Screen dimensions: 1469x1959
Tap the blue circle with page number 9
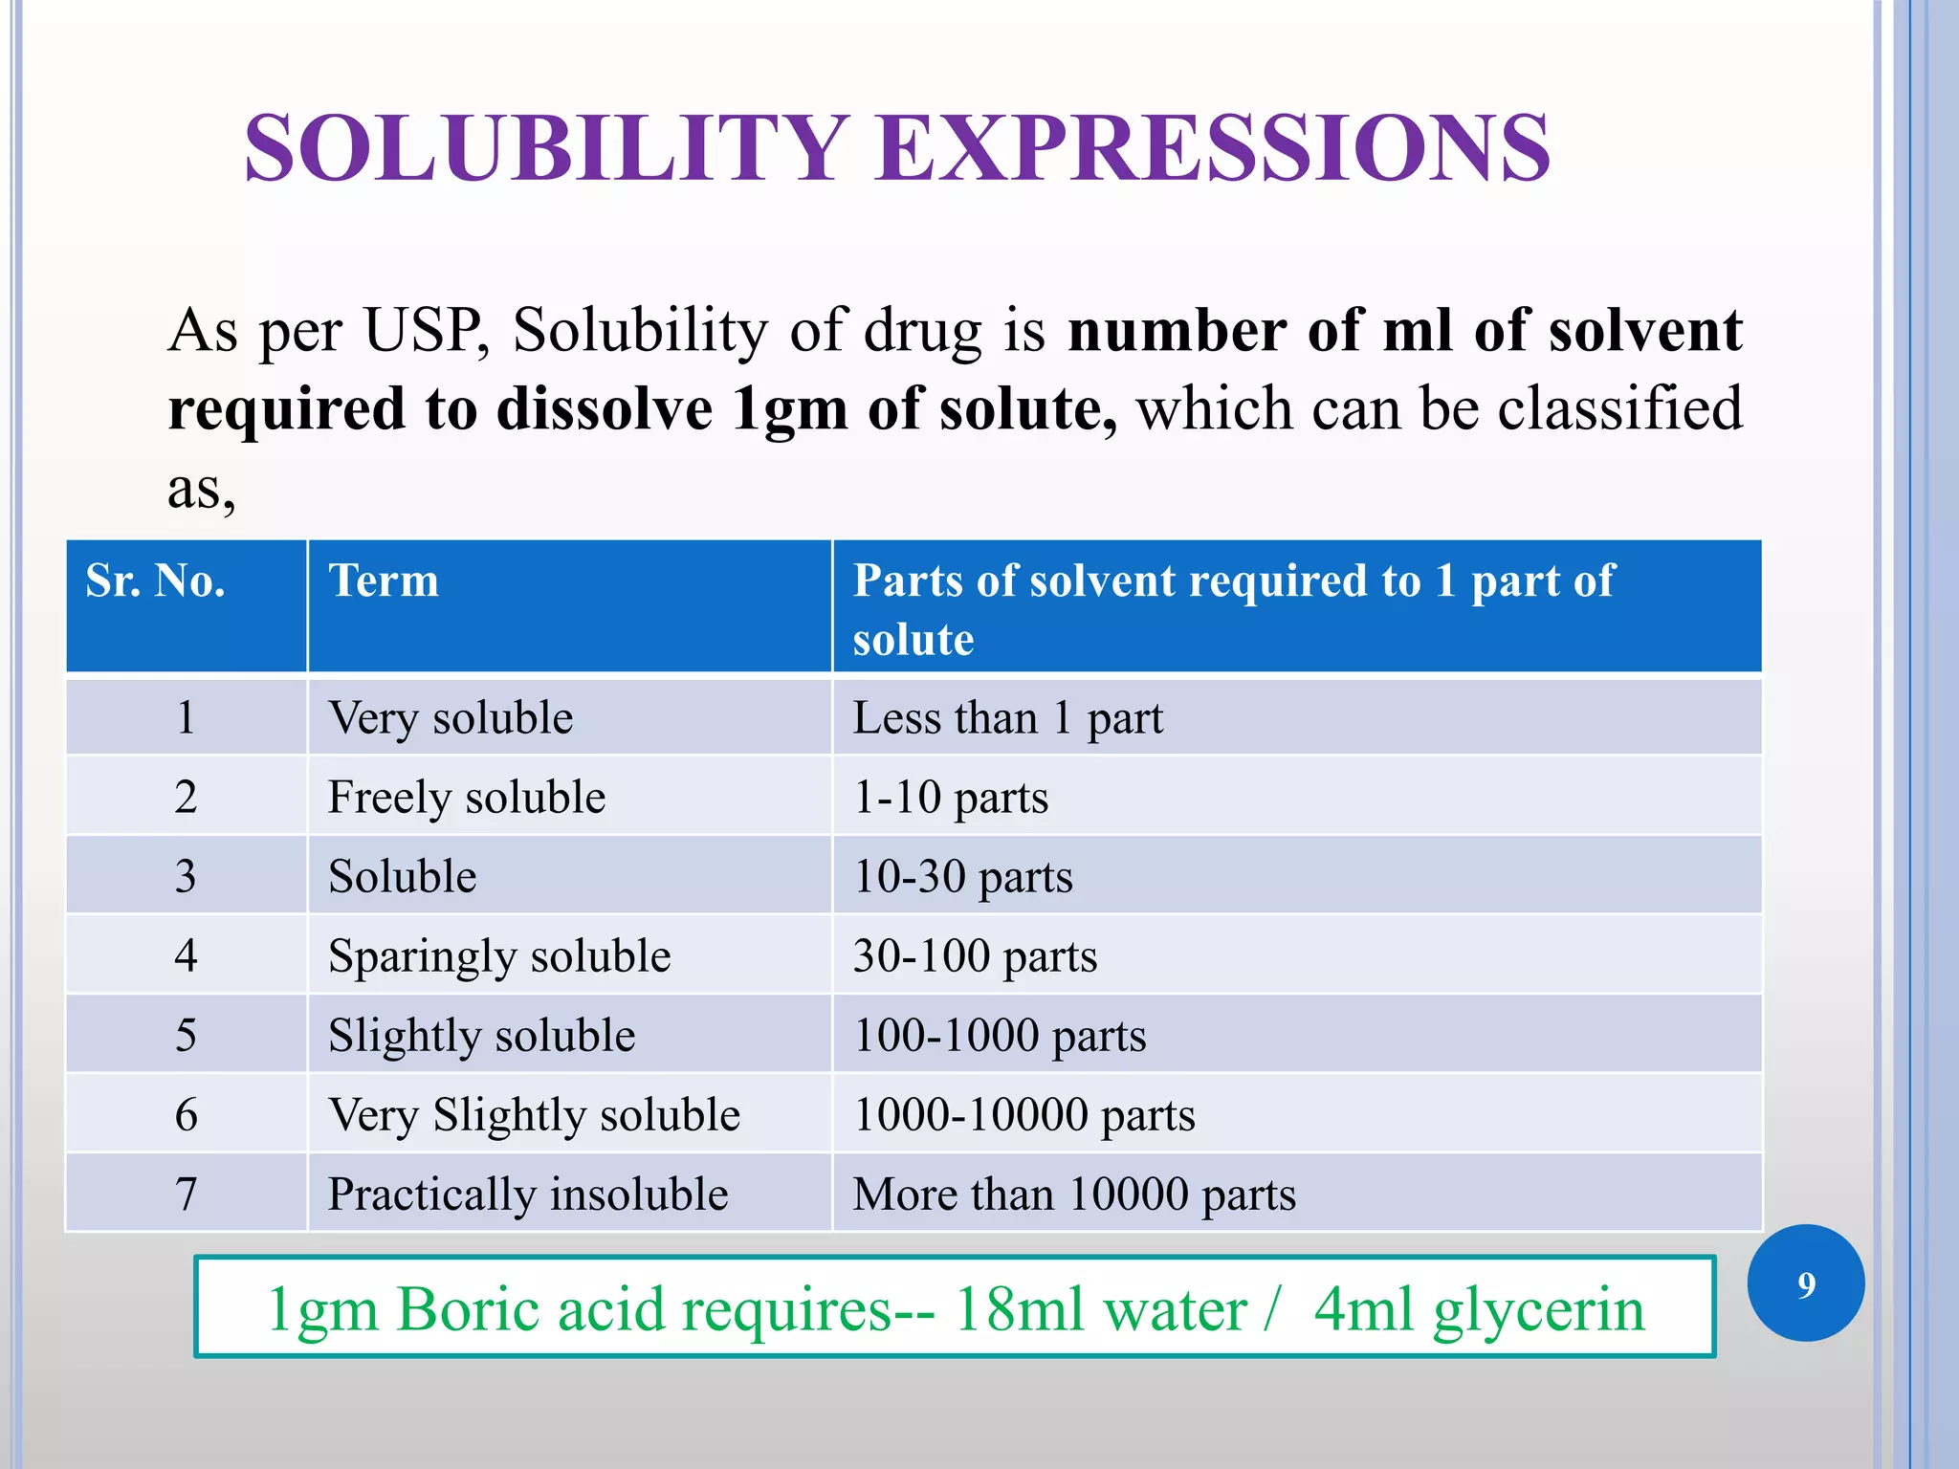(x=1805, y=1283)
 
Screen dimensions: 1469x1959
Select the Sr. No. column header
(x=156, y=581)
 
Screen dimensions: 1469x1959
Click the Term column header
(x=384, y=581)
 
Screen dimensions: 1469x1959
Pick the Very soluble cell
(x=451, y=717)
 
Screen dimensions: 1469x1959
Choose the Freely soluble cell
(x=467, y=797)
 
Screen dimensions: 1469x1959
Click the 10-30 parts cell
(x=962, y=876)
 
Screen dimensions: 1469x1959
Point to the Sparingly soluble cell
(x=499, y=955)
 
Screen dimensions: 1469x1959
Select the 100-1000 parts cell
(x=1000, y=1035)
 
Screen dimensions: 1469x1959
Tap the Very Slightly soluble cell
(x=534, y=1114)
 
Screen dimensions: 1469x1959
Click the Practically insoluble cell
(x=528, y=1194)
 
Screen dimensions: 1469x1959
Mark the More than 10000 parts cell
(x=1074, y=1194)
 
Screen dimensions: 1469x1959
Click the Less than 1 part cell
(x=1008, y=717)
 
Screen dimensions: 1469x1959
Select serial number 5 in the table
(x=186, y=1035)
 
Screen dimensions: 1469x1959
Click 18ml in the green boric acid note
(x=1015, y=1308)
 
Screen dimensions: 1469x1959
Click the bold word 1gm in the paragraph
(x=790, y=409)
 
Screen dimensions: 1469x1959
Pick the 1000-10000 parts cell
(x=1024, y=1114)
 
